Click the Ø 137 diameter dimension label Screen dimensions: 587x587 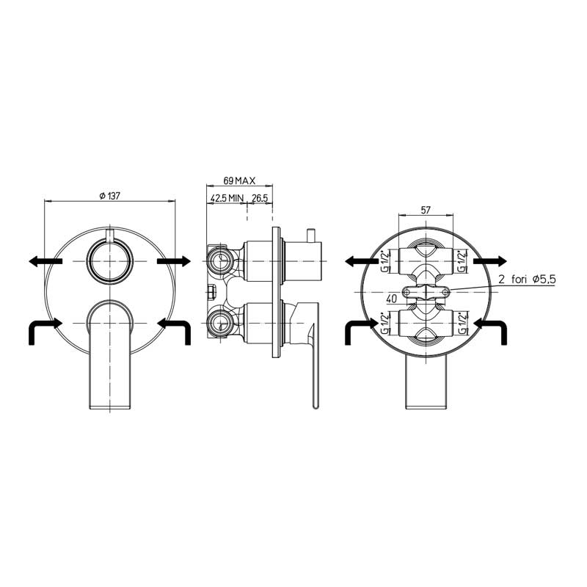[109, 196]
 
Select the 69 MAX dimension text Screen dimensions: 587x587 [239, 181]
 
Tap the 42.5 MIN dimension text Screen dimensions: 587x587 [227, 198]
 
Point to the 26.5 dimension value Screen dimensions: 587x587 [260, 198]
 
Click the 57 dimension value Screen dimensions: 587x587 [426, 210]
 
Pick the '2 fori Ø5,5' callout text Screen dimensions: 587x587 [527, 280]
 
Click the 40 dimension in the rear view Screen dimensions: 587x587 [392, 299]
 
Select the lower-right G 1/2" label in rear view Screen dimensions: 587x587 [463, 323]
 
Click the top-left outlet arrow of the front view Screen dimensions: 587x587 [45, 261]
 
